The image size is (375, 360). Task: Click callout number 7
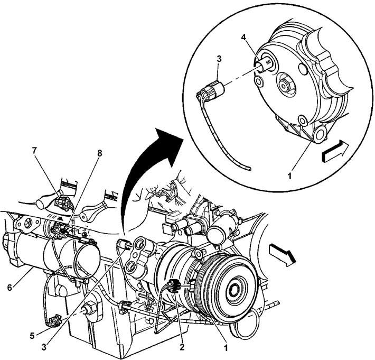[35, 151]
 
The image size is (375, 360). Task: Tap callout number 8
[99, 153]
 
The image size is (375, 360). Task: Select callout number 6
[10, 288]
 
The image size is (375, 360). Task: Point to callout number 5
[32, 336]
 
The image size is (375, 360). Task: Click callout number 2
[182, 346]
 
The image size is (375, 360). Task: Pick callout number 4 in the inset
[243, 38]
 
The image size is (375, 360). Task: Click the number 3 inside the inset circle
[219, 59]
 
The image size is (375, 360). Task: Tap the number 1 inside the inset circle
[289, 177]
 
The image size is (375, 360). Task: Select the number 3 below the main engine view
[44, 347]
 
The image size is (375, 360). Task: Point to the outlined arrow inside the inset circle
[335, 151]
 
